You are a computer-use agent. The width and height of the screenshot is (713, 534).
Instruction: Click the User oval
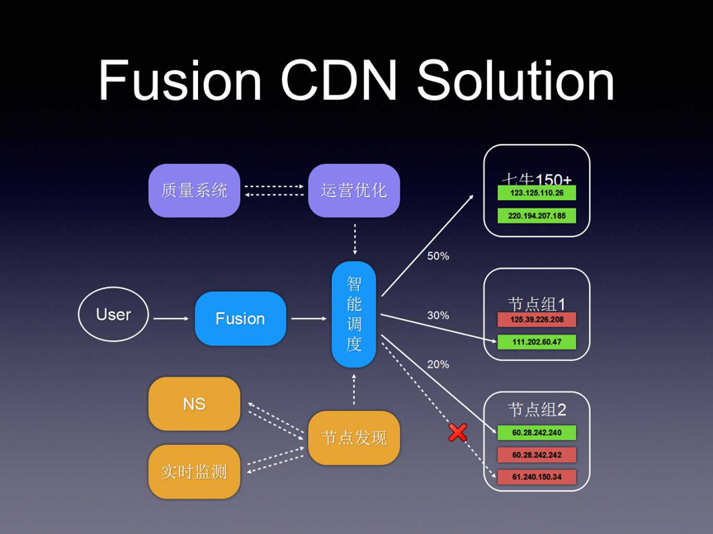click(114, 314)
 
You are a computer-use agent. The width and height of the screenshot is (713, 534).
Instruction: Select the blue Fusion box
click(240, 318)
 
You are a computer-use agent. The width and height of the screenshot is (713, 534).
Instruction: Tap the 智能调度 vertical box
click(354, 314)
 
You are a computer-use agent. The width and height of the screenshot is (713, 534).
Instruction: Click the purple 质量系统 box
click(194, 190)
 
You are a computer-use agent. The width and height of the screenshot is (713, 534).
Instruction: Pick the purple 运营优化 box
click(354, 190)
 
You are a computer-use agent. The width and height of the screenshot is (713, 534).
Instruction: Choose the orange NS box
click(194, 404)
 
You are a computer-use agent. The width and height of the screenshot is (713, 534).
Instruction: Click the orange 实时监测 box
click(194, 471)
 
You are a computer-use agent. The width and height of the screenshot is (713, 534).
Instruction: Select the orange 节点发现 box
click(354, 438)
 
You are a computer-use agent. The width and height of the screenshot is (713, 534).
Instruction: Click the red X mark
click(458, 432)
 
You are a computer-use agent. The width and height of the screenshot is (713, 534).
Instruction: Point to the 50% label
click(438, 256)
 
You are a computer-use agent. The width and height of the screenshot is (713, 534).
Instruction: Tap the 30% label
click(438, 315)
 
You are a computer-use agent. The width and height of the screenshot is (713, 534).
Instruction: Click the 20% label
click(438, 364)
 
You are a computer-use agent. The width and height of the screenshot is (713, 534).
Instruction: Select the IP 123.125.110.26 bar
click(536, 194)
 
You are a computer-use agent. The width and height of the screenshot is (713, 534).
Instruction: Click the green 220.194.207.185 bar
click(536, 216)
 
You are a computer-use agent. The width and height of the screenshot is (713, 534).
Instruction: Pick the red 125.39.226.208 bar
click(536, 320)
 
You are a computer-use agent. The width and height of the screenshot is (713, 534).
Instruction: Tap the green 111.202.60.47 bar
click(536, 342)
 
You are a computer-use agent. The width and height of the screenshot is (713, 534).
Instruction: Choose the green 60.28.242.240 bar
click(536, 433)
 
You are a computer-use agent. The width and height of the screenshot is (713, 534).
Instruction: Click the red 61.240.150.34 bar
click(536, 477)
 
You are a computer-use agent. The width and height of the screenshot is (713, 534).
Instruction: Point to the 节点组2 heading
click(536, 410)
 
